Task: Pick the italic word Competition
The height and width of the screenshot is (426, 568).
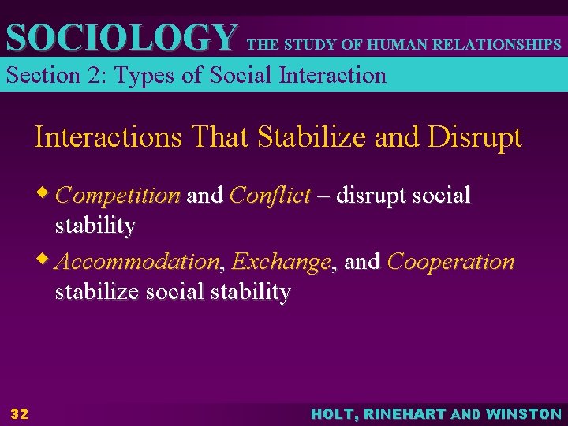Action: [118, 195]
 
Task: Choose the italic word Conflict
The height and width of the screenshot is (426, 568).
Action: [270, 195]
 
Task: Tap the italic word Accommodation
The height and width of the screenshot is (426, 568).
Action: [139, 261]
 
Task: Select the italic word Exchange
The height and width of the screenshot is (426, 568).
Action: [282, 261]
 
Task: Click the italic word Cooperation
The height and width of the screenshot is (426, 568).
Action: [450, 261]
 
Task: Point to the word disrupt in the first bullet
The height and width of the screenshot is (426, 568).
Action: [370, 195]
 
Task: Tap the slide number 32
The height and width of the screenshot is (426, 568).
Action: [19, 414]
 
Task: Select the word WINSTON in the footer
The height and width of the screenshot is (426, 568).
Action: [524, 414]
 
